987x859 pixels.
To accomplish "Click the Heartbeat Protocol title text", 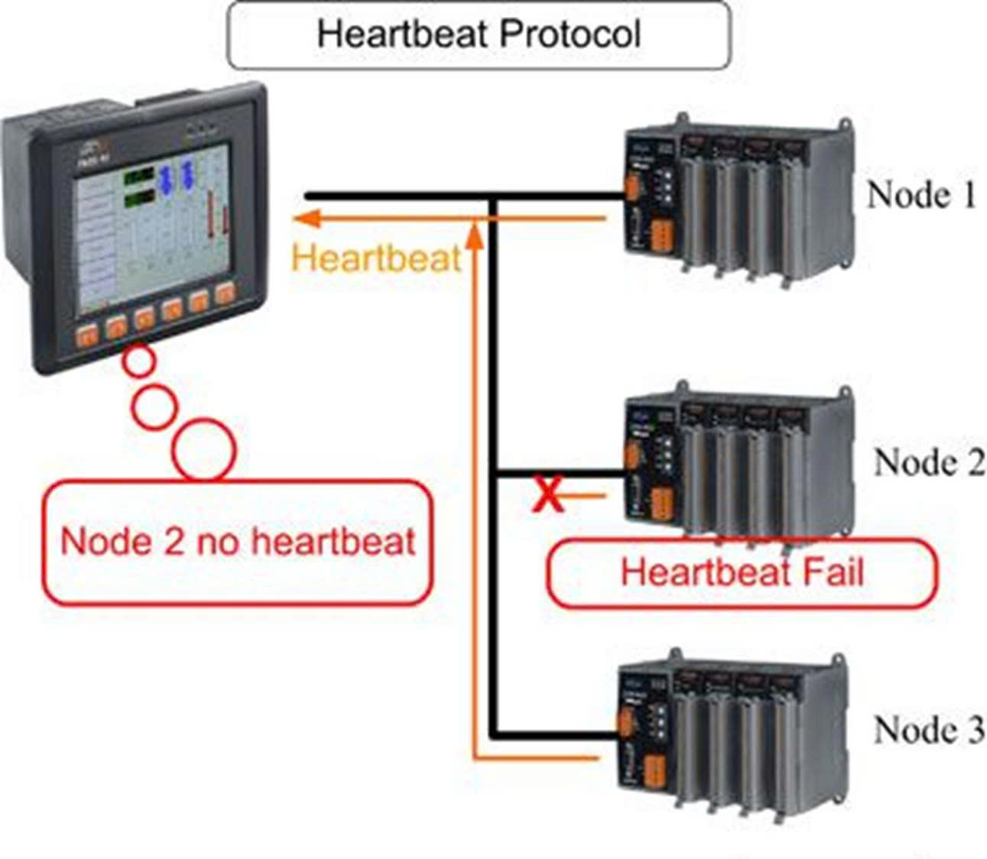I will coord(478,35).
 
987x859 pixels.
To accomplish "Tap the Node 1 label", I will coord(920,195).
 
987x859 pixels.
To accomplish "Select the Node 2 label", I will coord(928,462).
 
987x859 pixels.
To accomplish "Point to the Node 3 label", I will coord(928,730).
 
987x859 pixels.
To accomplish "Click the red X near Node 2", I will coord(547,494).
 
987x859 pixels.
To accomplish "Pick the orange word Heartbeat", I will coord(377,258).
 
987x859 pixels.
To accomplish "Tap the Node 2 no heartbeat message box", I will coord(237,542).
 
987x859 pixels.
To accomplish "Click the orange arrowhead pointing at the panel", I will coord(306,219).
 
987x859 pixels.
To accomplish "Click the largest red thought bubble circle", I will coord(204,451).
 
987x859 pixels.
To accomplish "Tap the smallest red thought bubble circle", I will coord(138,361).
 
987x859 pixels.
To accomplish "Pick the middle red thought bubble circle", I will coord(154,405).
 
